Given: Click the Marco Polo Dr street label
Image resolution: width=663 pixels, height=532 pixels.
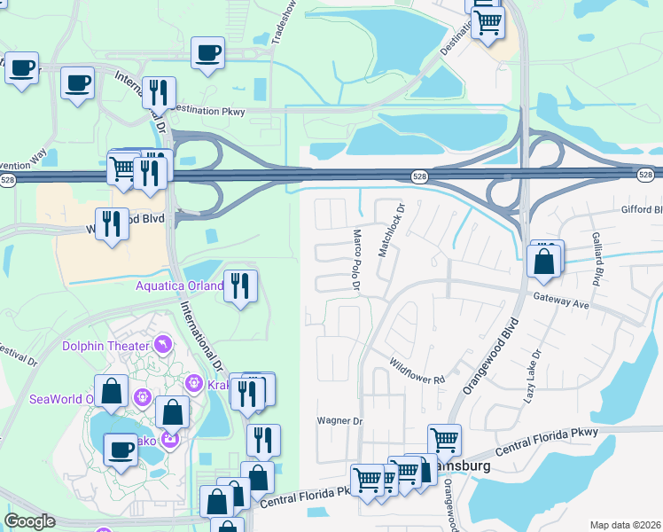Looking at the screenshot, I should [356, 260].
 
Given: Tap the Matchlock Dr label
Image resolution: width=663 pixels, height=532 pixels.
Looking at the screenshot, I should [391, 231].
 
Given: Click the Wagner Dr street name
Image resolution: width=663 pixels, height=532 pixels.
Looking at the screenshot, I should [340, 421].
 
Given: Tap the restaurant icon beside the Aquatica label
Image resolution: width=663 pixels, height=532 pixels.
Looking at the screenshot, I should [240, 286].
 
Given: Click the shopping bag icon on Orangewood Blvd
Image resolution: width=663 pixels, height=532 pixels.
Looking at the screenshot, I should [542, 262].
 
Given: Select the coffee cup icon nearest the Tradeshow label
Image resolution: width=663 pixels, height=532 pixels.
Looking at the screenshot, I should [208, 53].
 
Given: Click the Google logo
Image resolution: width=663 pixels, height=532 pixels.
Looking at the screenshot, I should [29, 521].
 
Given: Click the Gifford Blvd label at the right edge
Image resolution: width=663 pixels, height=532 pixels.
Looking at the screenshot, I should [643, 210].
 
